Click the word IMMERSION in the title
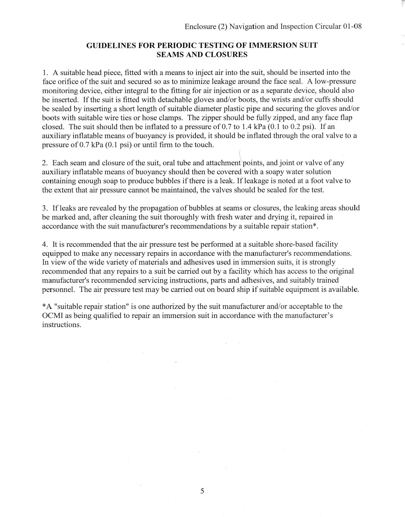(x=271, y=45)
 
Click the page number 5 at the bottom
(x=202, y=491)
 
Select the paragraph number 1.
(x=45, y=73)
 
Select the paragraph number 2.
(x=45, y=163)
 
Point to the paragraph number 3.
(x=45, y=208)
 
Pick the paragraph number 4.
(x=45, y=244)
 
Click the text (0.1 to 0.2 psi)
(x=292, y=127)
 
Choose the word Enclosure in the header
(x=200, y=26)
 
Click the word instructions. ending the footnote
(x=62, y=325)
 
